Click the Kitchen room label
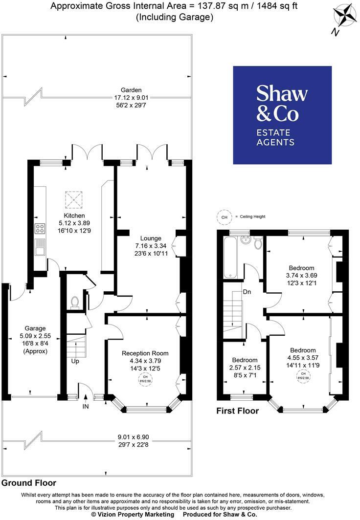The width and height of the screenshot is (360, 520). tap(74, 216)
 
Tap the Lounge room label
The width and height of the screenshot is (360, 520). tap(151, 238)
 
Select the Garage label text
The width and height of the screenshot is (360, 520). tap(35, 328)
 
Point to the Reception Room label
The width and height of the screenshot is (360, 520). tap(145, 353)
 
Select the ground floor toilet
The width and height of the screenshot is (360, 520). tap(74, 302)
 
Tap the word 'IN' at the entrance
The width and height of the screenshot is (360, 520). tap(86, 406)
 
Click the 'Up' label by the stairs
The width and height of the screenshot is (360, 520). tap(75, 362)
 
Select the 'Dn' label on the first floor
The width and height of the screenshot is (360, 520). tap(247, 292)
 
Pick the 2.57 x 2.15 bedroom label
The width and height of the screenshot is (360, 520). tap(245, 367)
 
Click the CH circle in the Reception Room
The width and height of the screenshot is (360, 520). tap(145, 380)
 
